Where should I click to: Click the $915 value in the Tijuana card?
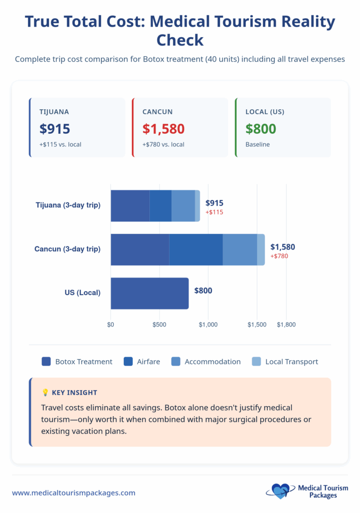55,129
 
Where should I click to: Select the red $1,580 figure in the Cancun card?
163,129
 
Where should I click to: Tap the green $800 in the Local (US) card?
261,129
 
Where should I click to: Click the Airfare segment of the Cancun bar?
196,249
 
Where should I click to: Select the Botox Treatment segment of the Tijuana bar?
130,205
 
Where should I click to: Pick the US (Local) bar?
149,293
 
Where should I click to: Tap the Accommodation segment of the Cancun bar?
240,249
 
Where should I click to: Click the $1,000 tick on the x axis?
208,325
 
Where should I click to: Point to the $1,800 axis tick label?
286,325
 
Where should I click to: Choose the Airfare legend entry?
142,361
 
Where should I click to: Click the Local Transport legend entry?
285,361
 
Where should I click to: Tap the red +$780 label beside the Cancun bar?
279,256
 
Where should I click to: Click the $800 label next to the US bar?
203,290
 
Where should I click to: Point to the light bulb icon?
45,393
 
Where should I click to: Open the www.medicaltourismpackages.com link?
74,493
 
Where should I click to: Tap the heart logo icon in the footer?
280,491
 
